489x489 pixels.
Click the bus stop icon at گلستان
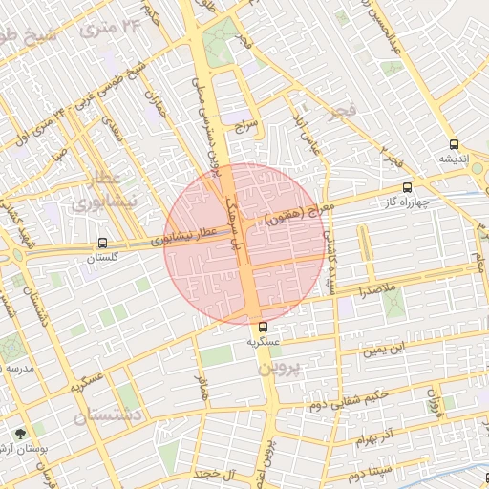[x=102, y=244]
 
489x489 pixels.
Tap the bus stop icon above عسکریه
[x=263, y=327]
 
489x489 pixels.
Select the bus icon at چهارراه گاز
[x=408, y=187]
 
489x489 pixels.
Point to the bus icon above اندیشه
[x=455, y=144]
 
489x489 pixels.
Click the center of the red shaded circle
[x=244, y=244]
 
